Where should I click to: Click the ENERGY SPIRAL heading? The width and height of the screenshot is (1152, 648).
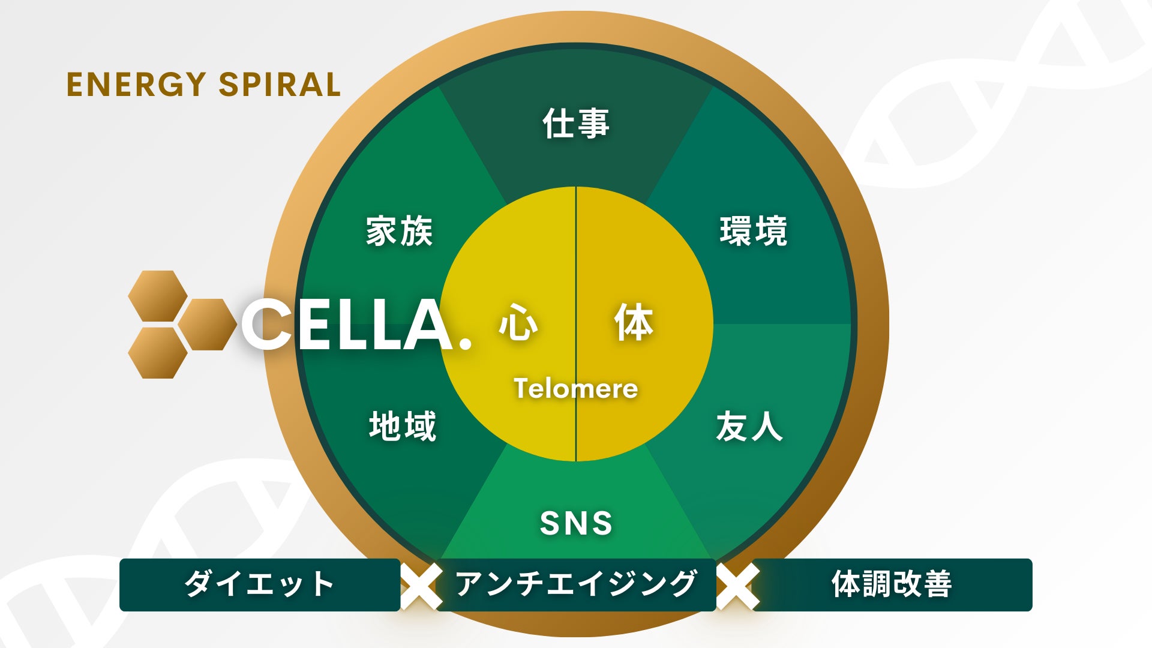[203, 85]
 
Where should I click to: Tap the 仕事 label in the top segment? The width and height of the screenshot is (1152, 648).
[576, 124]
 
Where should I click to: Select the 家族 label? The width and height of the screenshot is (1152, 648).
[400, 231]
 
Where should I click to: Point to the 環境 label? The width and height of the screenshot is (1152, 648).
[754, 231]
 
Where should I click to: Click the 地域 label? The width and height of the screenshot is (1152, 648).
[403, 427]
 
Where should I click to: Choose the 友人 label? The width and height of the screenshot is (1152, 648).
[749, 427]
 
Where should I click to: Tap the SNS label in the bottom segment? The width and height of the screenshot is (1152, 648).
[576, 523]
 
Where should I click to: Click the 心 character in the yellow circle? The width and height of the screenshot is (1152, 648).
[518, 323]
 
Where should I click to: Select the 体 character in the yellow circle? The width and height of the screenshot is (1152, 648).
[634, 323]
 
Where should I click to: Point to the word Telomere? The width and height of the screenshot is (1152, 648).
[576, 389]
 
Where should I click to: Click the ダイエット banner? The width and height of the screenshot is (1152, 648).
[259, 584]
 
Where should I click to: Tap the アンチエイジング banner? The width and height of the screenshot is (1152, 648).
[576, 584]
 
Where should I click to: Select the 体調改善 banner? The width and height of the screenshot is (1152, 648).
[892, 584]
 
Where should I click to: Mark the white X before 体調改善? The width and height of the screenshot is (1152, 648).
[737, 586]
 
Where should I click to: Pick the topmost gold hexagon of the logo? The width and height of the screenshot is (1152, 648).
[158, 296]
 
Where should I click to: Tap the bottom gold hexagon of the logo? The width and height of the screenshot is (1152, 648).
[158, 353]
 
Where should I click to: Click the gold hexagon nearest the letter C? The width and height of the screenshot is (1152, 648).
[207, 325]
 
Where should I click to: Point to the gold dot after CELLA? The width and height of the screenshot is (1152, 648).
[465, 343]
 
